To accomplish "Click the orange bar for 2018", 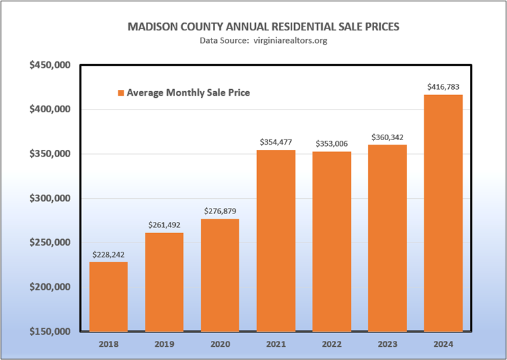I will (x=108, y=297).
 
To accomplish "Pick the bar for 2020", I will (x=220, y=275).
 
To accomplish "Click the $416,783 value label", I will (x=443, y=87).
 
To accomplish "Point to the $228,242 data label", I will (x=108, y=254).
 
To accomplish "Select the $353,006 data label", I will (x=332, y=143).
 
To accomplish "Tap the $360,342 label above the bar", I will (x=387, y=137).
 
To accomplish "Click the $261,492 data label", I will (x=164, y=224).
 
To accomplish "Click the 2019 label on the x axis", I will (x=164, y=344).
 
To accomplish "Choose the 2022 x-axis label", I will (x=332, y=344).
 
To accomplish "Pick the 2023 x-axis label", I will (x=387, y=344).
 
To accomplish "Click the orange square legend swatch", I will (x=121, y=93).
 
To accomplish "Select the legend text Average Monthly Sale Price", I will (x=188, y=93).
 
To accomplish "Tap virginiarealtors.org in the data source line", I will (x=288, y=40).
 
